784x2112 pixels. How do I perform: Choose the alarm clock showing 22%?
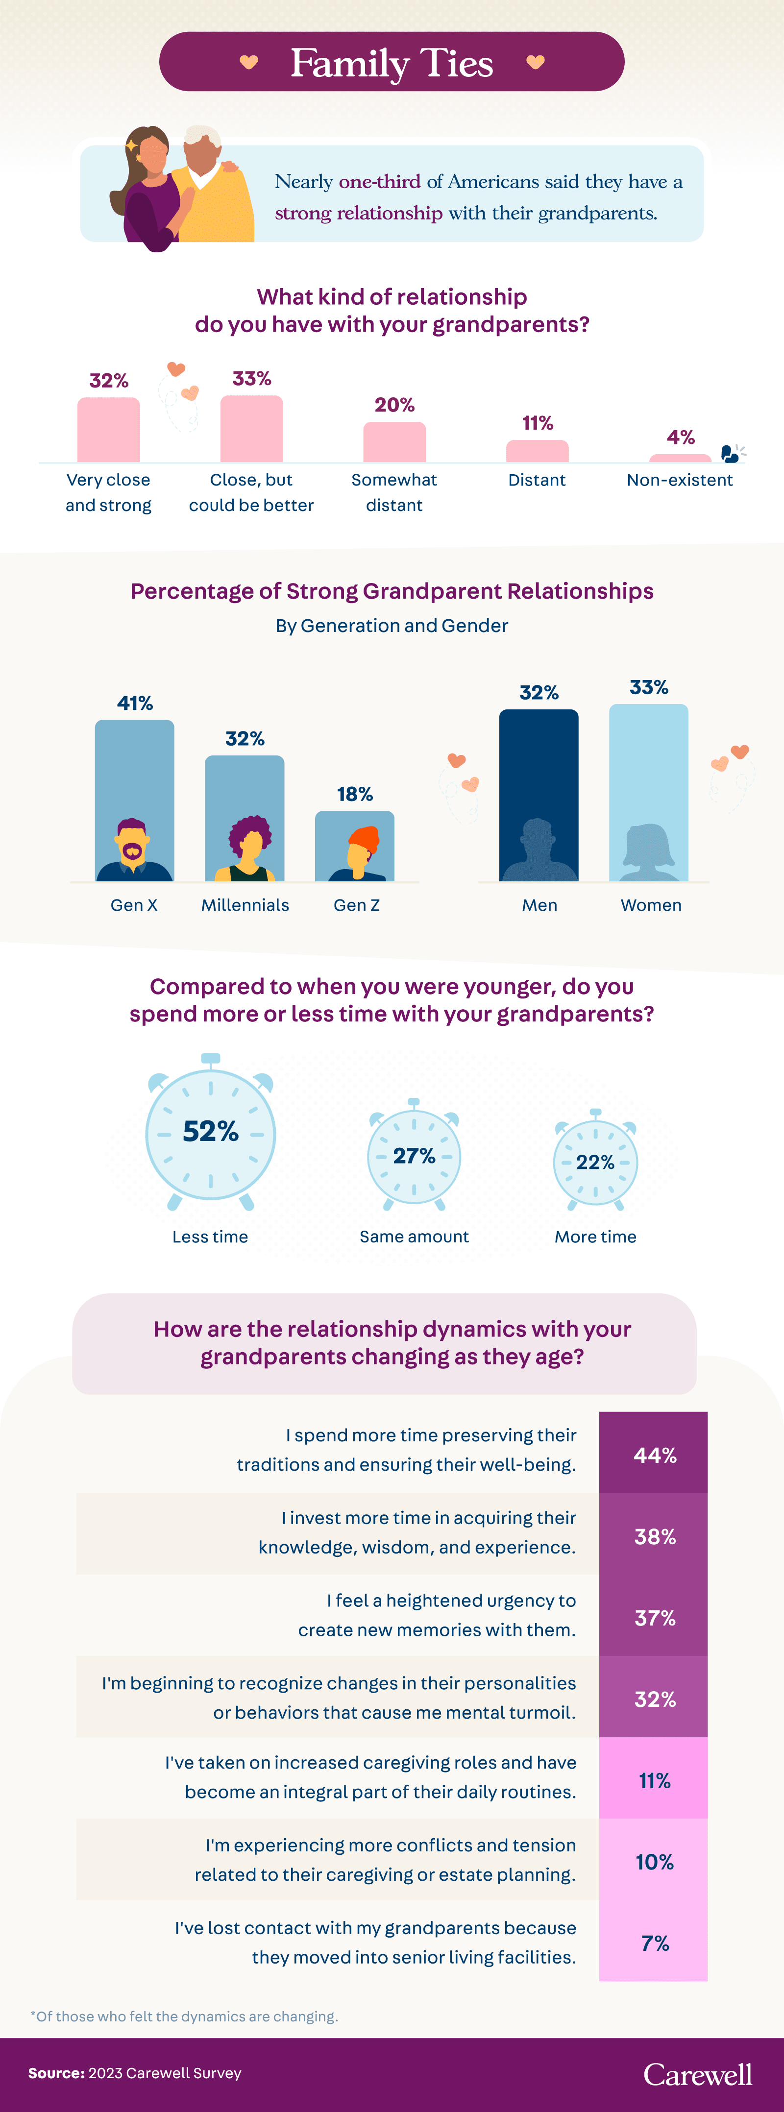pyautogui.click(x=595, y=1162)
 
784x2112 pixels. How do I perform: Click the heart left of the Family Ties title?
pyautogui.click(x=248, y=62)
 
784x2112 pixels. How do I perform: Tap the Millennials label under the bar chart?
pyautogui.click(x=245, y=905)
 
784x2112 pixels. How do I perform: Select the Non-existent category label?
pyautogui.click(x=680, y=481)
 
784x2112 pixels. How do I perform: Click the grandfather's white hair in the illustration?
pyautogui.click(x=202, y=135)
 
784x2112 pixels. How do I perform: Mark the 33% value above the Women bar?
pyautogui.click(x=649, y=687)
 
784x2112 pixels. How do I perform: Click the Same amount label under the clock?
pyautogui.click(x=414, y=1237)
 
